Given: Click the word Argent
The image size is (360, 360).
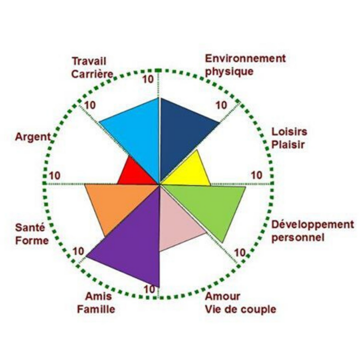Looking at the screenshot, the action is tap(33, 137).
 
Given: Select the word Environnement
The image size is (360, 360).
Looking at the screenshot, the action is tap(245, 59).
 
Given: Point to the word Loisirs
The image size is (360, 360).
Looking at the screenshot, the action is tap(289, 132).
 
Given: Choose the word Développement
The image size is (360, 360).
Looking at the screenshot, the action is tap(313, 225).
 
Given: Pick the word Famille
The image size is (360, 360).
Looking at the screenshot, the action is tap(96, 309).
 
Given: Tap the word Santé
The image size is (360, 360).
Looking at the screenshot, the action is tap(30, 228).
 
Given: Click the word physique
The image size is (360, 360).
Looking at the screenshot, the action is tap(229, 72).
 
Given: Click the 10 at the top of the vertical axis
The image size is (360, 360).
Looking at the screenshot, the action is tap(148, 79).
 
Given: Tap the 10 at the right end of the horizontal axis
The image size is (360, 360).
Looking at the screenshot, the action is tap(256, 175).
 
